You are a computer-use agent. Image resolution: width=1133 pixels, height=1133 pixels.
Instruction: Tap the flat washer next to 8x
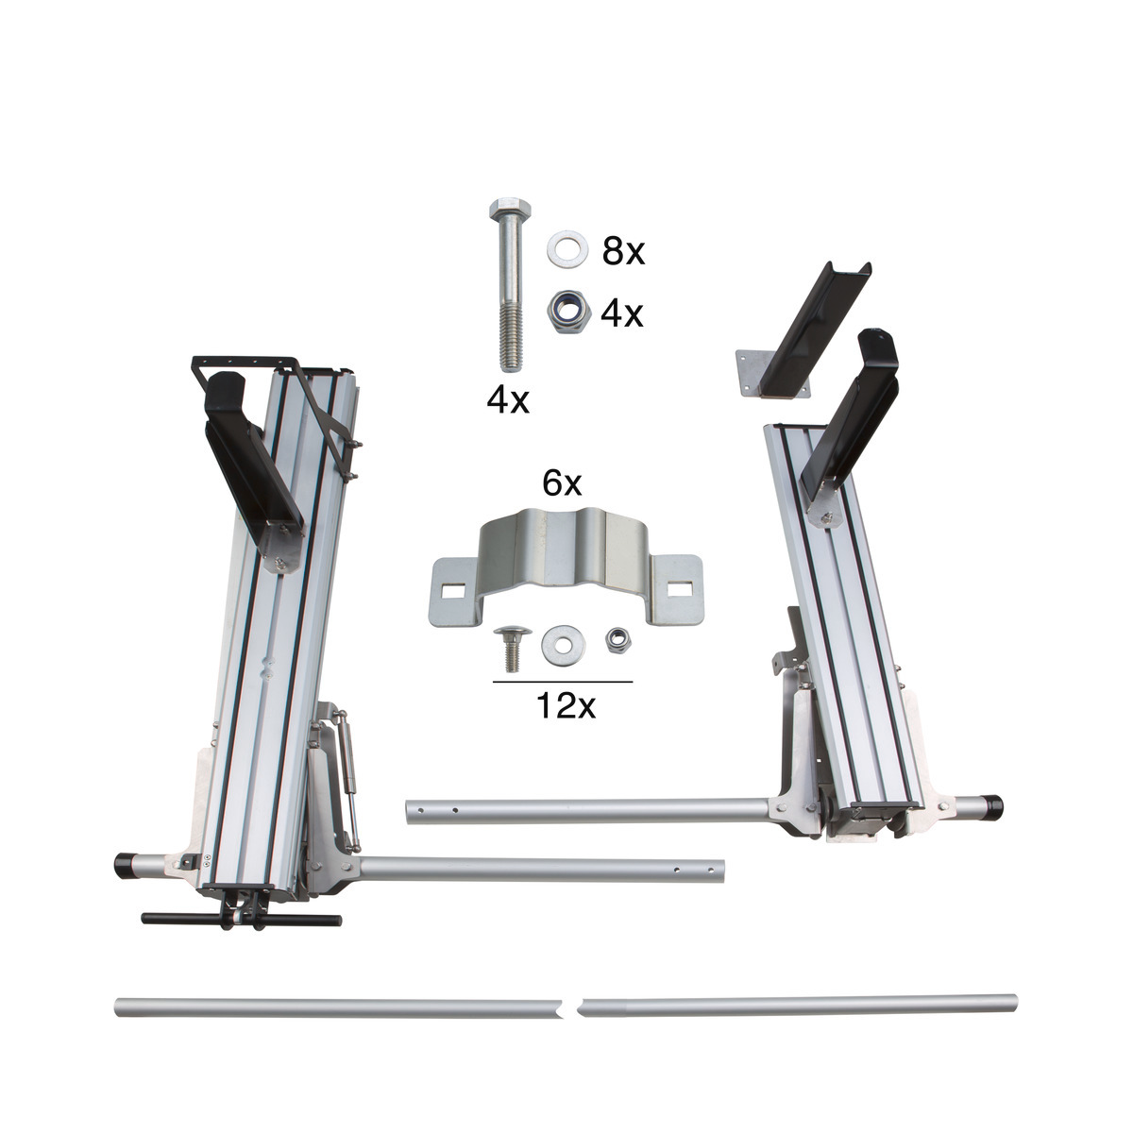pos(567,249)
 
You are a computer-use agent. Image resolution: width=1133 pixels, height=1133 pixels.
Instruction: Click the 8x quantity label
pos(623,251)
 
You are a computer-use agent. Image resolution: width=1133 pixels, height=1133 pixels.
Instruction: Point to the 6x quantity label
pos(563,484)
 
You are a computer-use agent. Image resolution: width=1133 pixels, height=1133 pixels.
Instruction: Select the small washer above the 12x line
pos(562,644)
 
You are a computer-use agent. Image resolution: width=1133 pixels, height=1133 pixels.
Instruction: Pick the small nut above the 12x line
pos(619,640)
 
